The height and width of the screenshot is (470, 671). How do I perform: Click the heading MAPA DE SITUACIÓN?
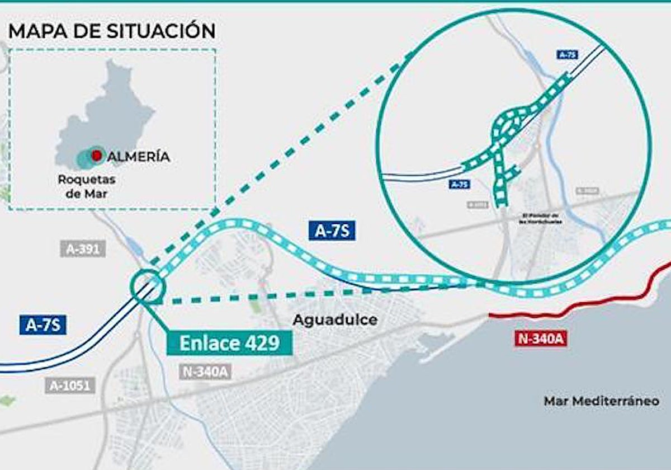pyautogui.click(x=112, y=30)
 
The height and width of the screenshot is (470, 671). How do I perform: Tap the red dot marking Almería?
pyautogui.click(x=97, y=155)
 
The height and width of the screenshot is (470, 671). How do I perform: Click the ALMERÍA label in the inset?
pyautogui.click(x=138, y=157)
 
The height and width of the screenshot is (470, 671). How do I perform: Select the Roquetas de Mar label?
pyautogui.click(x=86, y=187)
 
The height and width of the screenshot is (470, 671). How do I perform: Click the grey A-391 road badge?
pyautogui.click(x=83, y=249)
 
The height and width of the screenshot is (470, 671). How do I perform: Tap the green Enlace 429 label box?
pyautogui.click(x=229, y=342)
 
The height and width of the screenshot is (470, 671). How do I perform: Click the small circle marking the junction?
pyautogui.click(x=148, y=286)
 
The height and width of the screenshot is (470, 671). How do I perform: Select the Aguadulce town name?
pyautogui.click(x=335, y=320)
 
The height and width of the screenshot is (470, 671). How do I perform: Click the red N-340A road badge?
pyautogui.click(x=540, y=338)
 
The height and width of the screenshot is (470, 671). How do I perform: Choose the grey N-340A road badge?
pyautogui.click(x=205, y=372)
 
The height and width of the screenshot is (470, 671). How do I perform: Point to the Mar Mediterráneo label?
pyautogui.click(x=601, y=401)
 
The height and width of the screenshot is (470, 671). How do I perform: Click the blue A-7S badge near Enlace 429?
pyautogui.click(x=43, y=325)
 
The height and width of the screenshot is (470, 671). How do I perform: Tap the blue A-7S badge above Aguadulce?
pyautogui.click(x=332, y=231)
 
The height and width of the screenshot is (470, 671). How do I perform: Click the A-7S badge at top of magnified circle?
pyautogui.click(x=567, y=55)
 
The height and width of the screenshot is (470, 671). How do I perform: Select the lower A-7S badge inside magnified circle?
pyautogui.click(x=459, y=184)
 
